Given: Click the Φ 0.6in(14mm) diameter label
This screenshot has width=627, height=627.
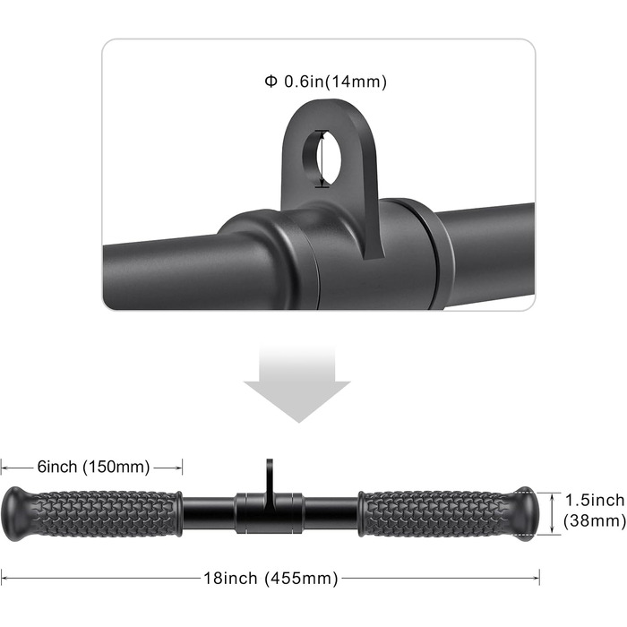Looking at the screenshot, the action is [x=325, y=82].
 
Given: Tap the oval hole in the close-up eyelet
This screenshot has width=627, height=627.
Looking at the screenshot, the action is [x=321, y=159].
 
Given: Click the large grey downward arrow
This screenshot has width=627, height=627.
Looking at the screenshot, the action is [x=297, y=384].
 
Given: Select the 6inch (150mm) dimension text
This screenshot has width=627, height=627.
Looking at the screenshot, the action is [x=93, y=467].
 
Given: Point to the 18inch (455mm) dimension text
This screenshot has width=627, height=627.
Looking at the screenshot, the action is [x=271, y=579].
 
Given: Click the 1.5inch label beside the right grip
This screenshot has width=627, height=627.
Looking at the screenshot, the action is [x=594, y=500].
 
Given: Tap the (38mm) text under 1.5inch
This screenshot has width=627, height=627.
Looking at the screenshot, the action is [x=594, y=520].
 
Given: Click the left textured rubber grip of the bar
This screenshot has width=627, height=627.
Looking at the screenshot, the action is [x=104, y=514].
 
